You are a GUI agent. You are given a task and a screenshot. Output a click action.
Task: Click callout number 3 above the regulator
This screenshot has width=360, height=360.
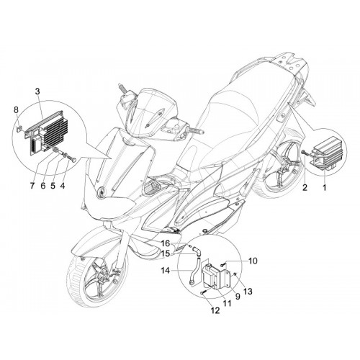pos(37,91)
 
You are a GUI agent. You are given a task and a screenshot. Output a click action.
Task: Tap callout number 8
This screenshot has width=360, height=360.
pos(16,110)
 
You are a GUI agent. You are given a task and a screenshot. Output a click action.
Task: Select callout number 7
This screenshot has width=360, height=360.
pos(32,186)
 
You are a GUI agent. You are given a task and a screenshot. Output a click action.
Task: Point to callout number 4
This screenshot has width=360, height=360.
pos(63,186)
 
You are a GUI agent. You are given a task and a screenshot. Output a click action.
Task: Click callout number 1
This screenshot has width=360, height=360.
pos(324,187)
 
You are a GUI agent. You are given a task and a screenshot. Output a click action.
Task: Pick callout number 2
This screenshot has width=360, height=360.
pos(305,187)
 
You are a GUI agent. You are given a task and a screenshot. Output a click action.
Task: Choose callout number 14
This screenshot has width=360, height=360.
pos(166,271)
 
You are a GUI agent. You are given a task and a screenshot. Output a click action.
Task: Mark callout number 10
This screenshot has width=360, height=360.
pos(253,261)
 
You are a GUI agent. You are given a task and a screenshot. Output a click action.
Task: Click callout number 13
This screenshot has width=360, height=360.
pos(248,292)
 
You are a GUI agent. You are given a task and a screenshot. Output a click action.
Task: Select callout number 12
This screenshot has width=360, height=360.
pos(215,310)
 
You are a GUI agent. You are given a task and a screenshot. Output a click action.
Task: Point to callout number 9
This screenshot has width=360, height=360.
pos(238,297)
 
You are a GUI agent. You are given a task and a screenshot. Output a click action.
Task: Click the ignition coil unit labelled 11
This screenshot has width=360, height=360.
pos(212,276)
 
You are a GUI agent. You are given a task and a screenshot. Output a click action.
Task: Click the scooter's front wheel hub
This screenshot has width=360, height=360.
pos(102,276)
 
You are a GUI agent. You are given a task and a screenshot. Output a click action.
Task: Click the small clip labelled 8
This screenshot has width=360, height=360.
pos(18,129)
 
